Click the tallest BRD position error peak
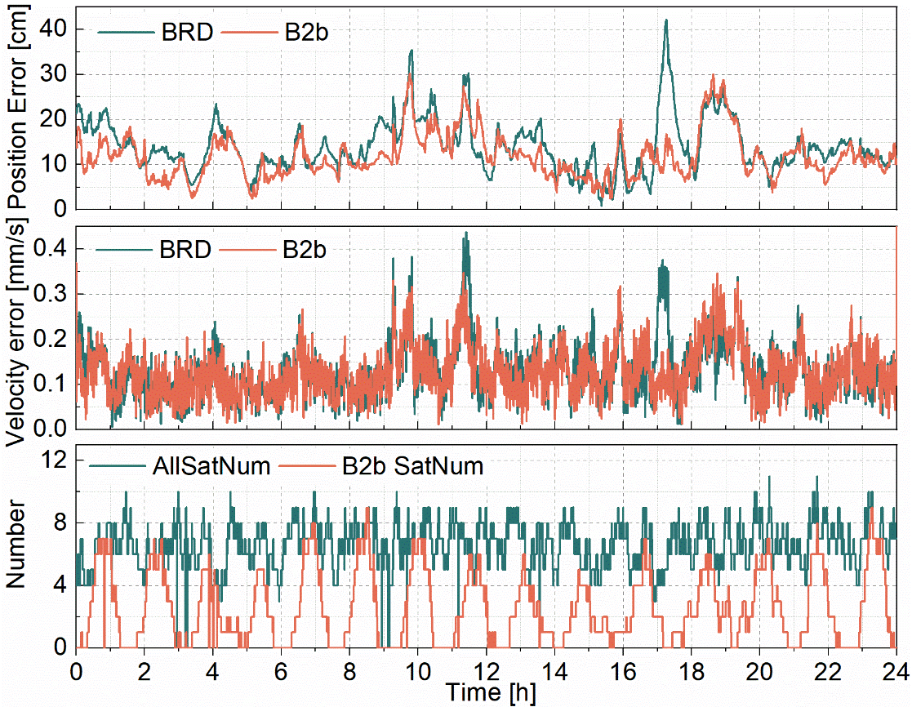click(666, 20)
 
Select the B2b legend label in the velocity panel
click(305, 248)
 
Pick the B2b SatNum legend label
click(413, 466)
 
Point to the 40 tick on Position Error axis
click(56, 29)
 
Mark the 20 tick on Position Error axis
click(56, 119)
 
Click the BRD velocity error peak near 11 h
click(465, 233)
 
